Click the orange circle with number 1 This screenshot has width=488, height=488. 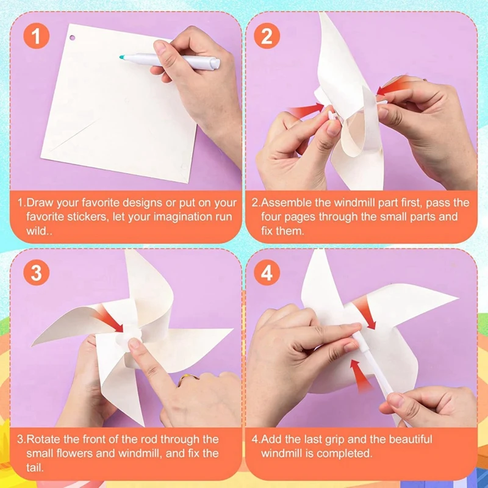click(37, 37)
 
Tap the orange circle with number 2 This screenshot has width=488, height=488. click(267, 37)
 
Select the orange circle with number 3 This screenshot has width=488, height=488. click(37, 273)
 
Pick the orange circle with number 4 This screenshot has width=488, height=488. click(267, 273)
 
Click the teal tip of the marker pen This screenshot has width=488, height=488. click(122, 56)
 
